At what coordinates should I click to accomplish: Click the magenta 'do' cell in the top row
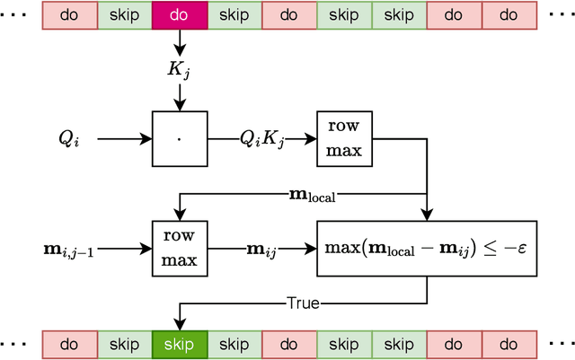pyautogui.click(x=180, y=15)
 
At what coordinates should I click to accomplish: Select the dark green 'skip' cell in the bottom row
pyautogui.click(x=180, y=344)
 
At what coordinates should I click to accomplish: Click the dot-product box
pyautogui.click(x=180, y=139)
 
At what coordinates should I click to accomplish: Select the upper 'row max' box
pyautogui.click(x=344, y=139)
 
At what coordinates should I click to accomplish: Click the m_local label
pyautogui.click(x=311, y=194)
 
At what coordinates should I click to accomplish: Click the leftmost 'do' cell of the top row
pyautogui.click(x=70, y=15)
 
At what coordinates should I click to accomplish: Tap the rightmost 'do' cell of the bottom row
pyautogui.click(x=509, y=344)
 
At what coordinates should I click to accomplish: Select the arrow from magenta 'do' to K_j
pyautogui.click(x=180, y=41)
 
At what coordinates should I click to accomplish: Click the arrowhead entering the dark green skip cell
pyautogui.click(x=180, y=325)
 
